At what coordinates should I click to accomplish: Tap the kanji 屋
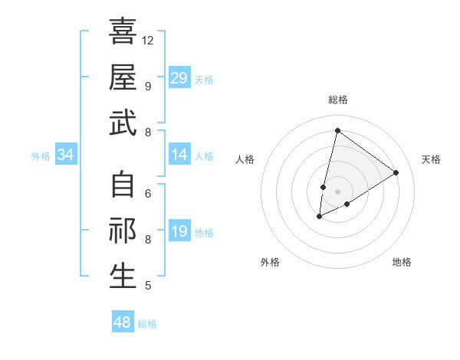pos(123,77)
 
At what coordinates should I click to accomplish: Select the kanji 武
pos(123,123)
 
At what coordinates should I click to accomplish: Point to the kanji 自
pos(123,185)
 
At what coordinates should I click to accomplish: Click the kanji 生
pos(123,277)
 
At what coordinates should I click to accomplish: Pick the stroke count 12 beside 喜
pos(148,40)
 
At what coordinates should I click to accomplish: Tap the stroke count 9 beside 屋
pos(147,86)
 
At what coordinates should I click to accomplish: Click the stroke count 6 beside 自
pos(147,193)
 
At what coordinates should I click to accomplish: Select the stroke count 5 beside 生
pos(147,286)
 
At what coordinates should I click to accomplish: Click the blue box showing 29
pos(179,78)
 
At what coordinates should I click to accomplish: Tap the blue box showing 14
pos(179,155)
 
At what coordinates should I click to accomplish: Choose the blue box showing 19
pos(179,232)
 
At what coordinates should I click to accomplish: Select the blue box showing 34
pos(66,155)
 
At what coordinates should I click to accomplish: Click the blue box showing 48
pos(123,322)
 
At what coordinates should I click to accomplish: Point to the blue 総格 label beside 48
pos(147,324)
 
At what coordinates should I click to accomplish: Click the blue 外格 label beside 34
pos(41,156)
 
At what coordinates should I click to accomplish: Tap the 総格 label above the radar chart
pos(337,100)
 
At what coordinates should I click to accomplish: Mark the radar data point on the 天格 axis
pos(396,172)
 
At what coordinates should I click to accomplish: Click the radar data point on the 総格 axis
pos(337,130)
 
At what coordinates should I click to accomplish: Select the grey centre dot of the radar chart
pos(337,191)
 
